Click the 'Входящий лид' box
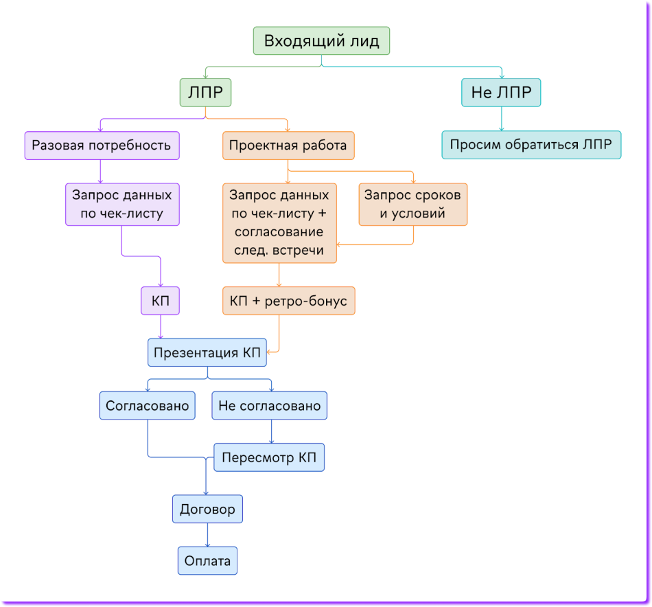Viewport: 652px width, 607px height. (x=321, y=41)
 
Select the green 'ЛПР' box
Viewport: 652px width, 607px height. (x=205, y=92)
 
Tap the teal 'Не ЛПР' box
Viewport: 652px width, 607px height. (x=501, y=92)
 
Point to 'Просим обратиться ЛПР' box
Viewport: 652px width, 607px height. (x=531, y=145)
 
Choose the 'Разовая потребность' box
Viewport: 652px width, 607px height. (x=102, y=146)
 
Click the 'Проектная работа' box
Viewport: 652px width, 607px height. (x=288, y=146)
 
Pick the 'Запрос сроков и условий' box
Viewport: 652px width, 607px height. (x=413, y=204)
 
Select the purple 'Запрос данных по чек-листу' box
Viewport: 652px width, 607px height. (x=122, y=204)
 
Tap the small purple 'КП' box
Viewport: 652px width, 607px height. (x=160, y=301)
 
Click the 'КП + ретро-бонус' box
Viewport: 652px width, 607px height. (x=288, y=301)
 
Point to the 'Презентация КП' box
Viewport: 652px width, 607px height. (x=207, y=353)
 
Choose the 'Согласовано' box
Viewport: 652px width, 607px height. (x=147, y=406)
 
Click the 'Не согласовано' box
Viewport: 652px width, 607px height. (x=269, y=406)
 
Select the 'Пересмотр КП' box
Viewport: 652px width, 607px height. (x=268, y=457)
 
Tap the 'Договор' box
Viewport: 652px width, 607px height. (x=207, y=509)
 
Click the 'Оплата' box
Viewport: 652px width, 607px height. (x=207, y=561)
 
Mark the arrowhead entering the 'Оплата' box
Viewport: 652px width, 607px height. (x=207, y=544)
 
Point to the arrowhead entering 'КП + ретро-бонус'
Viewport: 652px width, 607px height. (x=279, y=284)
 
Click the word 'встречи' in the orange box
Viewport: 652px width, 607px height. (x=299, y=250)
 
